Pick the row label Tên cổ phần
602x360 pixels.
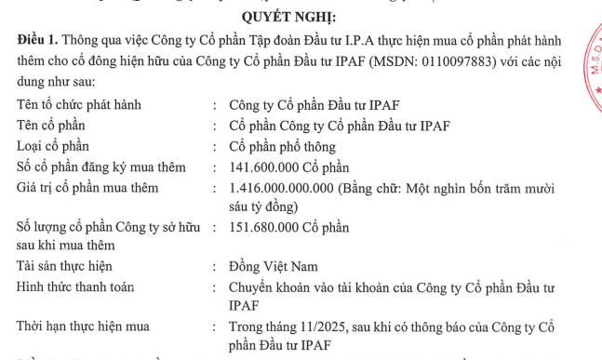(x=59, y=126)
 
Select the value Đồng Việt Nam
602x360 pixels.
(x=274, y=266)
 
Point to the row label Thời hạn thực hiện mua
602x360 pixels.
(x=82, y=327)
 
